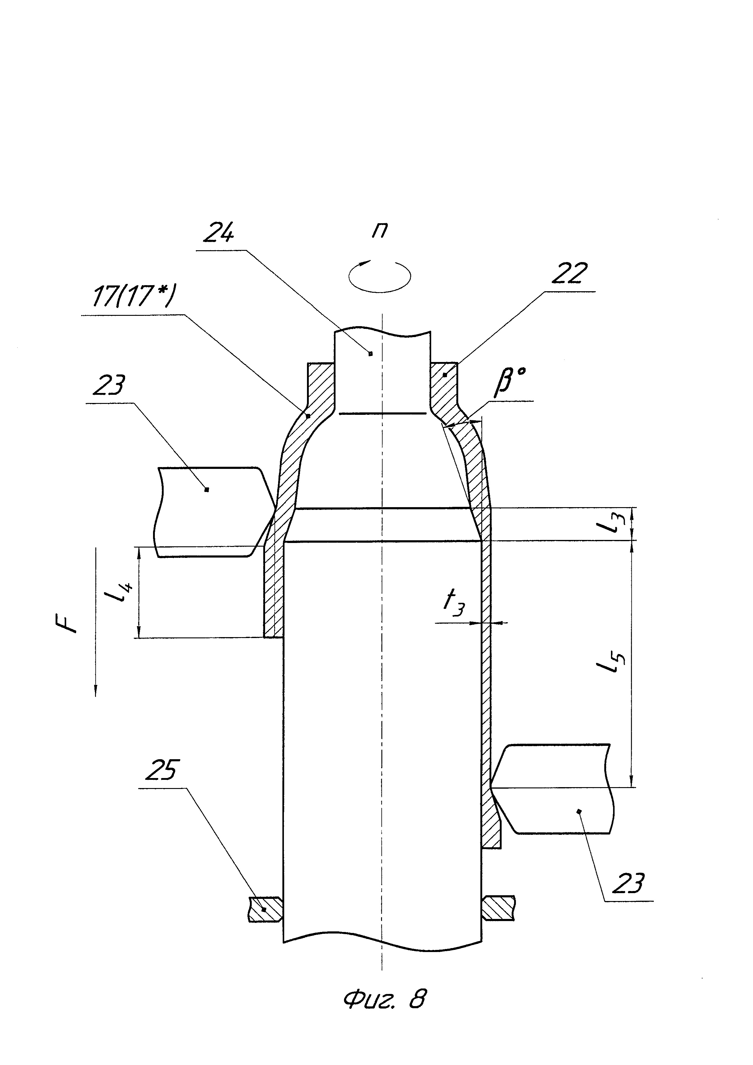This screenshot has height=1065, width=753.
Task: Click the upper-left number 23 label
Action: [109, 386]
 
